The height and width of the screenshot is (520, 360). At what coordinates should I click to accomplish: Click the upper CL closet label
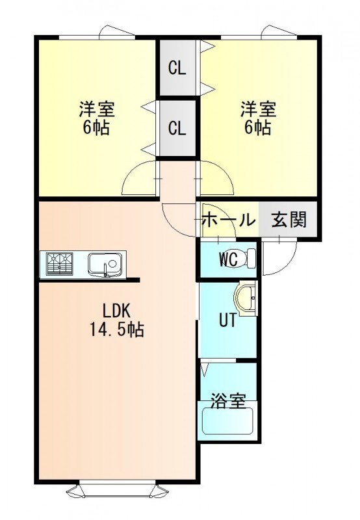pos(177,69)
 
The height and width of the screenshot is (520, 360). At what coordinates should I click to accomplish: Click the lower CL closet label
pos(177,128)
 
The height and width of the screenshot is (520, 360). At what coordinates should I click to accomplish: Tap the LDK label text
pos(116,311)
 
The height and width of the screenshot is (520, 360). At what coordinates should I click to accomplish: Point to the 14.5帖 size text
pos(117,330)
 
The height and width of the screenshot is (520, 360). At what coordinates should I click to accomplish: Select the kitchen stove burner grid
pos(60,264)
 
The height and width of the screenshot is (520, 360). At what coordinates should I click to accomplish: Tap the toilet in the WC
pos(249,258)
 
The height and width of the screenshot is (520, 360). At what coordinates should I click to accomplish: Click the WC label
pos(228,260)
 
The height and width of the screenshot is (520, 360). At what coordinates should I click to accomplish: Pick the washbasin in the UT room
pos(246,298)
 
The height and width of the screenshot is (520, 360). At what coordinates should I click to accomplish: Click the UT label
pos(228,320)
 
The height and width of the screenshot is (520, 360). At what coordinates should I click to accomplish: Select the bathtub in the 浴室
pos(227,421)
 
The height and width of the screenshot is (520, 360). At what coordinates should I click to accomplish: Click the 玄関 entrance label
pos(289,219)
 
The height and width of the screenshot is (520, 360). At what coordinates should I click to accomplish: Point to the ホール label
pos(229,220)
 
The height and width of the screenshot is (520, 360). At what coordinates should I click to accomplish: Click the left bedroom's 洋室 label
pos(97,109)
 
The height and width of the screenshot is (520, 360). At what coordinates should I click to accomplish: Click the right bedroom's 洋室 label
pos(259,109)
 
